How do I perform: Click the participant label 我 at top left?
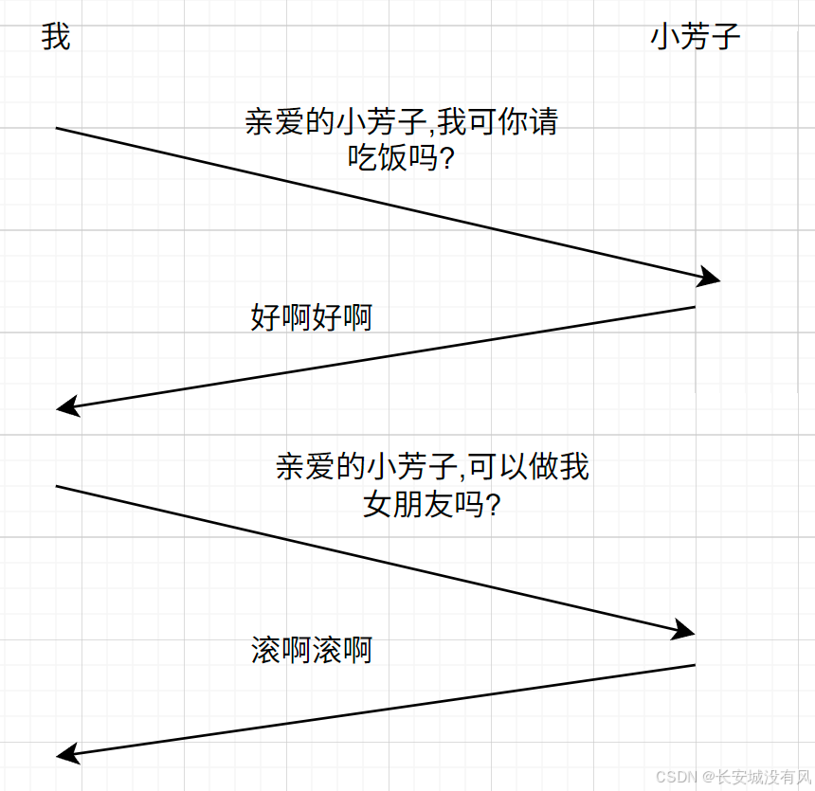56,38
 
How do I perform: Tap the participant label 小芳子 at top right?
695,38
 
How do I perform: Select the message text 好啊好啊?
312,317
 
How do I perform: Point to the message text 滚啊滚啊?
312,650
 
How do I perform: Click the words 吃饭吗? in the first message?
402,158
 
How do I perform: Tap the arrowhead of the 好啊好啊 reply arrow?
66,407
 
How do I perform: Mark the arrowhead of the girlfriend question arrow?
684,630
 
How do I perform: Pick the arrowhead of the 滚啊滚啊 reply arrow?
66,754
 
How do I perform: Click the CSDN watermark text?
673,776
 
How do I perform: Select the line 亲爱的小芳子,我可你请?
402,122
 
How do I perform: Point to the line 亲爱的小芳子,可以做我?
432,467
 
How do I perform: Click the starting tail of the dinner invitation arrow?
58,128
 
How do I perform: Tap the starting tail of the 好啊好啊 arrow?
694,307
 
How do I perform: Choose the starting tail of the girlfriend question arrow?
58,487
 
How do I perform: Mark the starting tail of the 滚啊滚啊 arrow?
694,665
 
